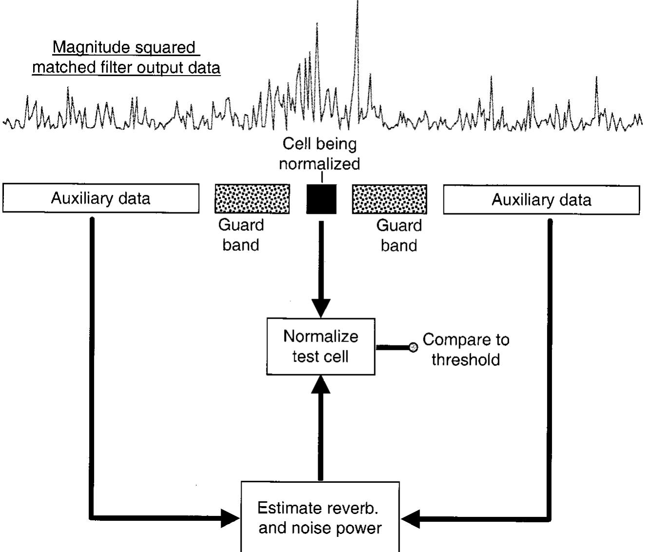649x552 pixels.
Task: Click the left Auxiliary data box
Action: coord(101,198)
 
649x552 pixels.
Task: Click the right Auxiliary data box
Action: coord(541,200)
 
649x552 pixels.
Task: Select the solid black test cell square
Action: coord(321,199)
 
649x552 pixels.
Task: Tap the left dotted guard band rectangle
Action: coord(252,199)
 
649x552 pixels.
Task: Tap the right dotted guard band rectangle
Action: coord(389,199)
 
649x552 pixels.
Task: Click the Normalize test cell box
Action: coord(321,346)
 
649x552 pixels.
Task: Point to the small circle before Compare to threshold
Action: coord(414,347)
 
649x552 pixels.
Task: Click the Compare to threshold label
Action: coord(465,349)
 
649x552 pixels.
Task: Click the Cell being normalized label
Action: coord(320,153)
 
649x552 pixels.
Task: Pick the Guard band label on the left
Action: coord(241,235)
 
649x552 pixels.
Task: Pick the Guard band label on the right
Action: coord(399,235)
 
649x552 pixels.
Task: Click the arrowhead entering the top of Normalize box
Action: coord(321,308)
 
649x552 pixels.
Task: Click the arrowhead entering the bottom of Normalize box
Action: coord(321,385)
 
